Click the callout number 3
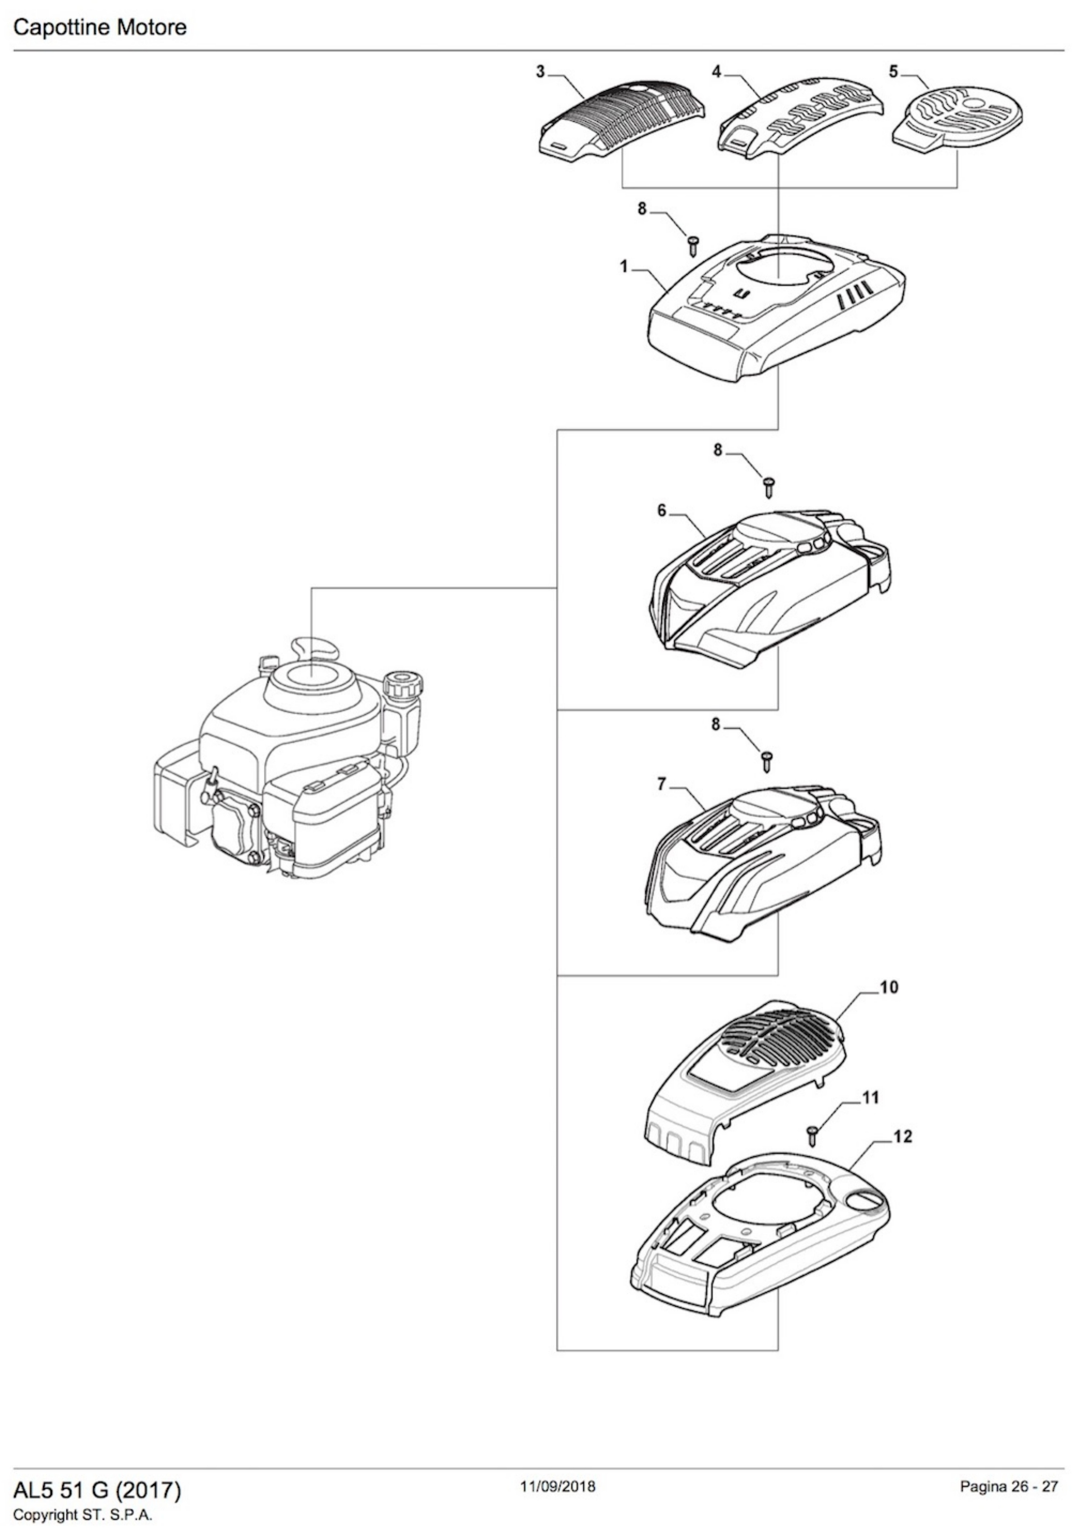tap(541, 72)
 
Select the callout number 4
tap(717, 72)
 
